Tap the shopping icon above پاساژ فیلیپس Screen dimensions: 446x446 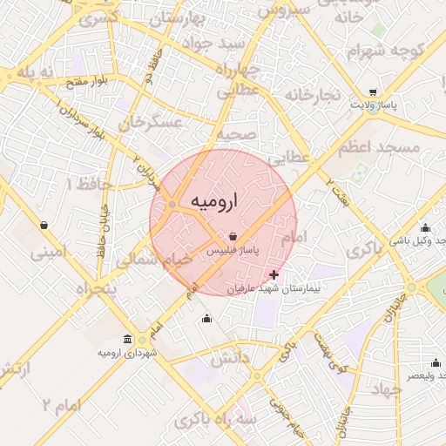(233, 236)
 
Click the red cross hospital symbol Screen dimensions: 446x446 (276, 274)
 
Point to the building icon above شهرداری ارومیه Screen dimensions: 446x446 (128, 339)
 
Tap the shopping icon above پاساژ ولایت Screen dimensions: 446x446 (374, 92)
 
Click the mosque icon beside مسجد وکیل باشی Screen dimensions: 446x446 (425, 227)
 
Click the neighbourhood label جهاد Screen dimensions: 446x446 (385, 389)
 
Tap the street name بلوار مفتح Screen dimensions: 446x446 (85, 82)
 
